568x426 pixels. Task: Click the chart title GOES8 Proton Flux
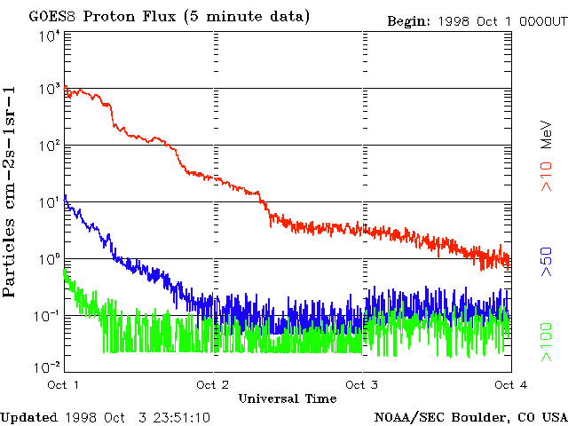[170, 17]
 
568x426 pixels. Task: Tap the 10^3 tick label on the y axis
[49, 89]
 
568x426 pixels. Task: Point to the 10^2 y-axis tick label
[49, 145]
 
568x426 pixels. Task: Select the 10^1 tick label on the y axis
[49, 201]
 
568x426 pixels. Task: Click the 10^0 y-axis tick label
[49, 258]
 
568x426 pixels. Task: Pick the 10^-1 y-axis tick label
[47, 315]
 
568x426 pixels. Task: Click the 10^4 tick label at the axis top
[49, 36]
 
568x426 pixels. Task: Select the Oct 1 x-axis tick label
[63, 385]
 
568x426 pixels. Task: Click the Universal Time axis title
[287, 398]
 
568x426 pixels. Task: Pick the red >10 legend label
[548, 176]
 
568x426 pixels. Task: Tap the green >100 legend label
[548, 342]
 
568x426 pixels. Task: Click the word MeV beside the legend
[548, 132]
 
